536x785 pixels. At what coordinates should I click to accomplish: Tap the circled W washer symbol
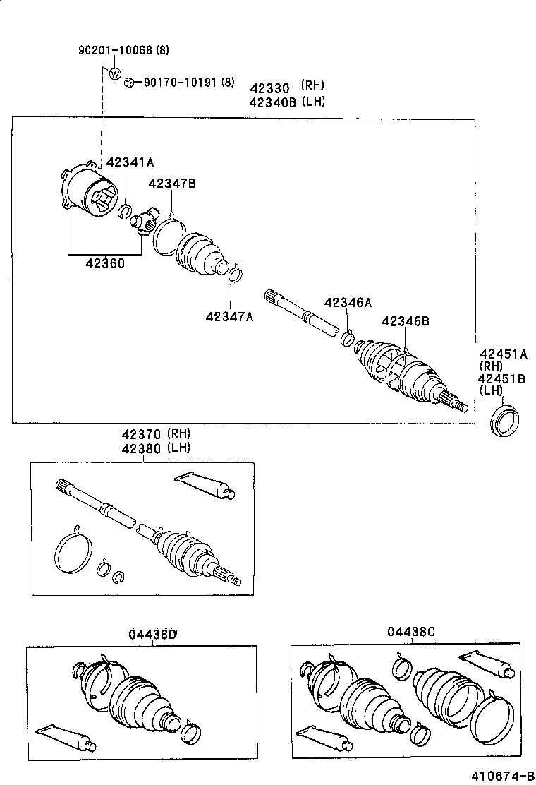(x=115, y=73)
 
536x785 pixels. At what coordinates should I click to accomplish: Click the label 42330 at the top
(x=269, y=88)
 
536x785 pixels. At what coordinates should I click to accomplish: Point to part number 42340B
(x=272, y=102)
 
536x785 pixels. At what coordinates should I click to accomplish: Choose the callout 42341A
(x=129, y=163)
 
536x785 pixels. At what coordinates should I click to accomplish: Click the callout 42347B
(x=171, y=184)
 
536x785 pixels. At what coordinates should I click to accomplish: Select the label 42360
(x=105, y=264)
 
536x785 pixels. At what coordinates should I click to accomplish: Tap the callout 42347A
(x=229, y=317)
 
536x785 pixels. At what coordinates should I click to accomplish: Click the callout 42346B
(x=406, y=321)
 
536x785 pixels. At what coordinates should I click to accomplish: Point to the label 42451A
(x=503, y=354)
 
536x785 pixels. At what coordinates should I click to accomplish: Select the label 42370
(x=140, y=433)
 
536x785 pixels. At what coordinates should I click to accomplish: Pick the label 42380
(x=140, y=448)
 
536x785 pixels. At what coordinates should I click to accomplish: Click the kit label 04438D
(x=152, y=633)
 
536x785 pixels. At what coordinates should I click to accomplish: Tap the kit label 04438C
(x=411, y=632)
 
